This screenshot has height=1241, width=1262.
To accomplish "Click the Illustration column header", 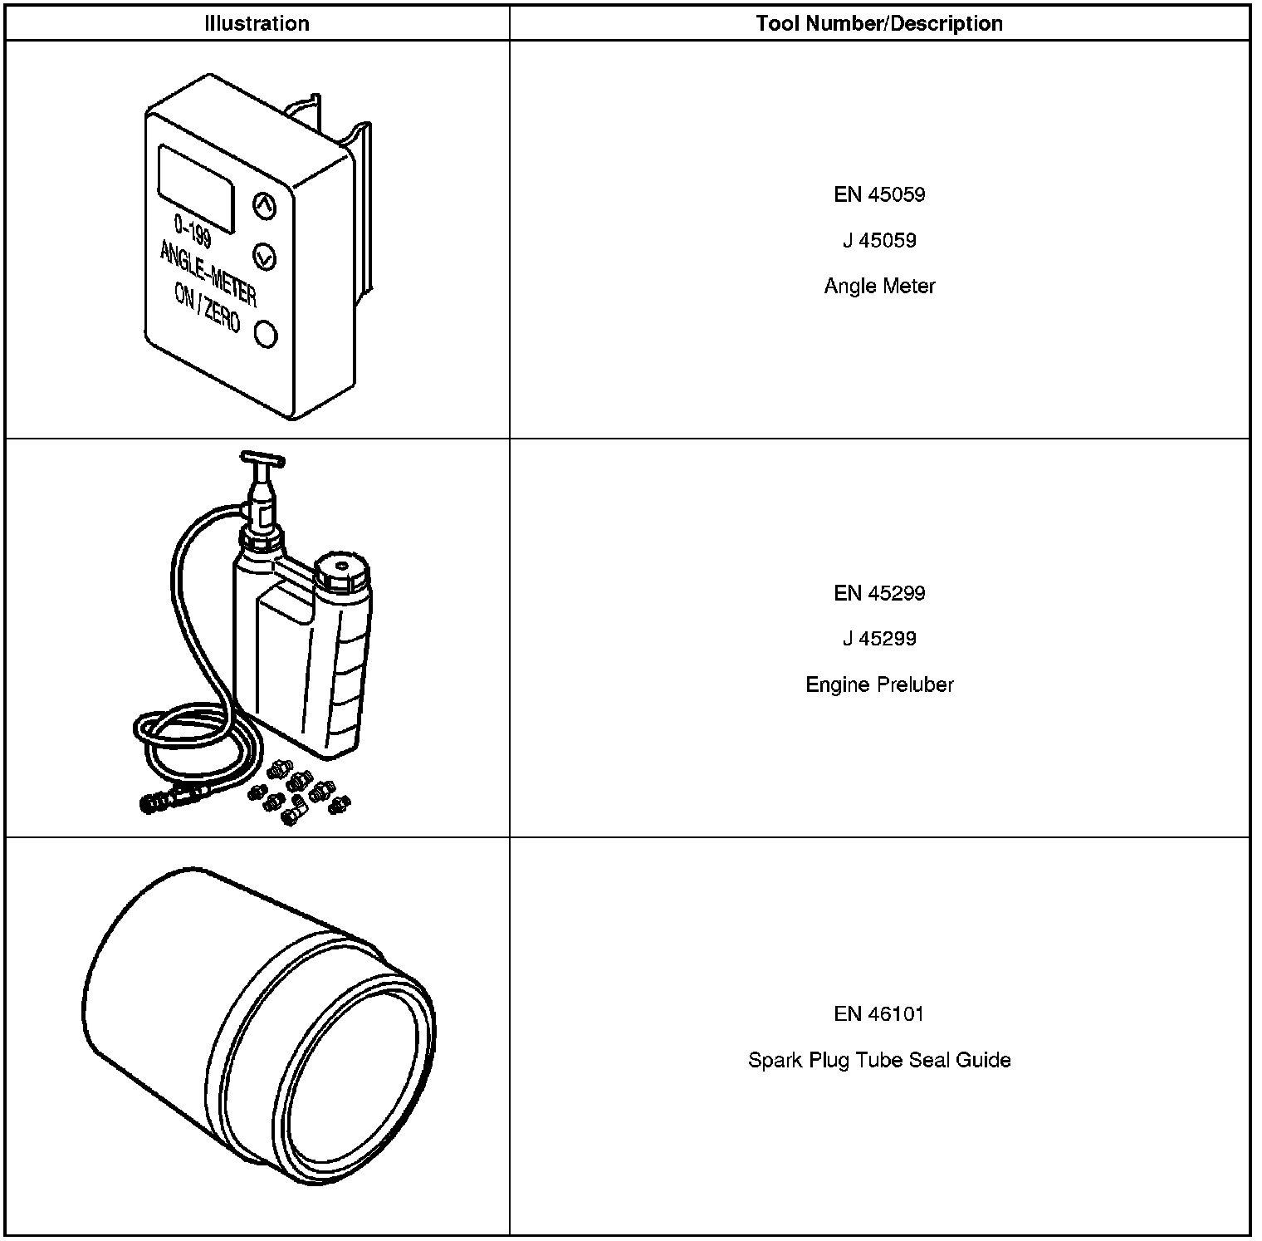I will [257, 23].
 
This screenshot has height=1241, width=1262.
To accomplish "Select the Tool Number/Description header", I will [878, 23].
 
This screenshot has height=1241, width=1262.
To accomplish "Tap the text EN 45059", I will [878, 194].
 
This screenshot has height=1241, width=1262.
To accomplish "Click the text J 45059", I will [878, 240].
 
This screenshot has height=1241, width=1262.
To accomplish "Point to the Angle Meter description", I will [878, 286].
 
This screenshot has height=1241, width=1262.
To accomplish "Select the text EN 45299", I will [878, 593].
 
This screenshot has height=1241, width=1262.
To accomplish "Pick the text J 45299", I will [878, 639].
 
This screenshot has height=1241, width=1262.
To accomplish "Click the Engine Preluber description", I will [878, 684].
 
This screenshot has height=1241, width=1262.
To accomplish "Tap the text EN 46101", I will [878, 1013].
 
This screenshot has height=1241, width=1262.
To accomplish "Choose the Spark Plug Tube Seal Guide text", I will [878, 1060].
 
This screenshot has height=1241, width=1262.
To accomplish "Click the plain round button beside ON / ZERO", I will [265, 335].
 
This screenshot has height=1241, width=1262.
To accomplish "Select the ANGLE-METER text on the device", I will [208, 272].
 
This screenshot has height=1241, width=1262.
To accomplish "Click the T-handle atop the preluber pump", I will [262, 459].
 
